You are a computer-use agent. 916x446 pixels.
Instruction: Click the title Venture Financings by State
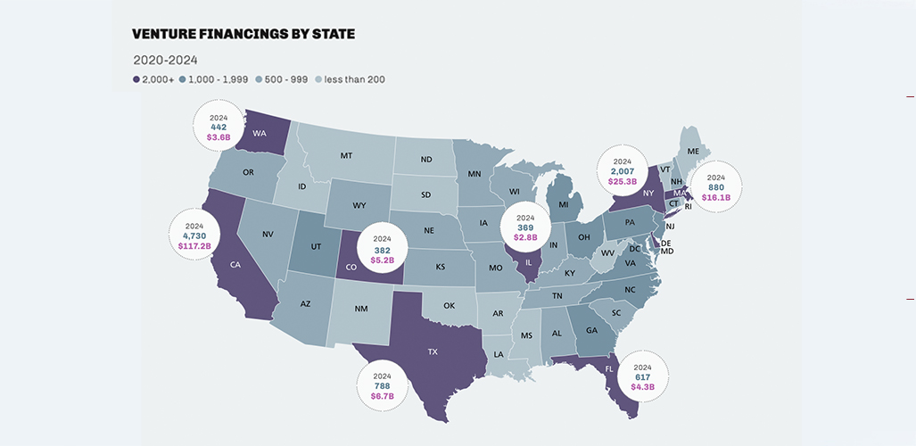[x=243, y=34]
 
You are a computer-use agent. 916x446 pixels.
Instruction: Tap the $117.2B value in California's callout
[x=195, y=246]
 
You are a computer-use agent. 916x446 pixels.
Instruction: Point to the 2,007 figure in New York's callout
[x=623, y=170]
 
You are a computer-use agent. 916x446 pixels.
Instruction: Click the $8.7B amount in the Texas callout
[x=383, y=394]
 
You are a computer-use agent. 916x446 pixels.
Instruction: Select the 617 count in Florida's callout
[x=643, y=376]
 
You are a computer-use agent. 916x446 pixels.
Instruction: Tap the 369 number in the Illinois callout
[x=525, y=227]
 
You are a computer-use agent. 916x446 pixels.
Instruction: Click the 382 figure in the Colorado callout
[x=383, y=251]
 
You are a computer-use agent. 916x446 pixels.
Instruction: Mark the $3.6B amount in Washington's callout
[x=219, y=137]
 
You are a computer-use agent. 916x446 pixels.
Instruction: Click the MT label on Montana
[x=345, y=155]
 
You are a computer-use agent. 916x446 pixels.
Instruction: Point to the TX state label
[x=433, y=351]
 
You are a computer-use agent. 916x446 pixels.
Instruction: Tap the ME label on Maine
[x=693, y=152]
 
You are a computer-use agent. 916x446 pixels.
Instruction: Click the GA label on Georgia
[x=591, y=329]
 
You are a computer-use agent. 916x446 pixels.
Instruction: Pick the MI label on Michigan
[x=564, y=205]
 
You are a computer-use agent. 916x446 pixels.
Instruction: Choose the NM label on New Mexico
[x=360, y=309]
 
